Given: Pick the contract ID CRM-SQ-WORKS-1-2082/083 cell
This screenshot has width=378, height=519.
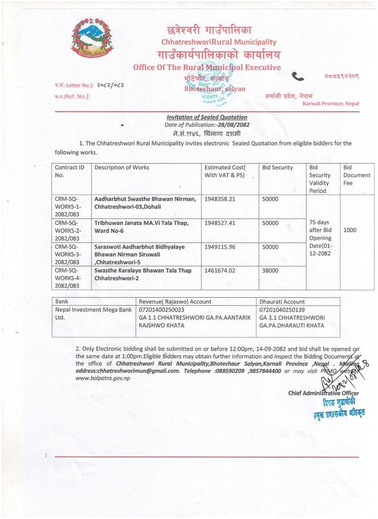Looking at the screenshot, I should pyautogui.click(x=69, y=206).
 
